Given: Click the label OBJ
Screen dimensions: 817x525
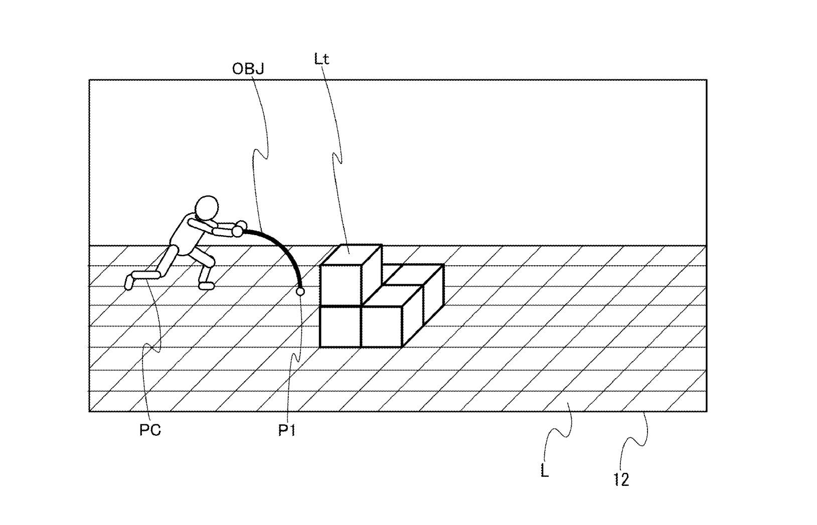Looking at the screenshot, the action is coord(248,69).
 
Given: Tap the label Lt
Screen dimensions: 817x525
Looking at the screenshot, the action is coord(321,59).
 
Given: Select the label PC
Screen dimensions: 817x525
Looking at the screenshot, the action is coord(150,430).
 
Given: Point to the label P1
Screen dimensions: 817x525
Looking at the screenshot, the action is coord(287,431).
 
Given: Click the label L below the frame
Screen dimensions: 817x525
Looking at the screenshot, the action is coord(545,471).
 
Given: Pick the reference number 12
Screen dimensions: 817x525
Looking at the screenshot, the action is coord(621,480).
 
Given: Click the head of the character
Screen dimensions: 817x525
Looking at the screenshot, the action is coord(207,208).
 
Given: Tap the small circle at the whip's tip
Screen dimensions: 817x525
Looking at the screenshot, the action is coord(300,291).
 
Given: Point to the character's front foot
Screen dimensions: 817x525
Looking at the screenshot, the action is coord(207,286).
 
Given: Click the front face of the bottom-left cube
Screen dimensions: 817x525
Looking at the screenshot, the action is coord(341,326).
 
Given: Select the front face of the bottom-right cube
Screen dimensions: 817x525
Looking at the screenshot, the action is coord(382,326).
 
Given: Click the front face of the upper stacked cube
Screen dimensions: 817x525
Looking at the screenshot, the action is coord(341,285).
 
